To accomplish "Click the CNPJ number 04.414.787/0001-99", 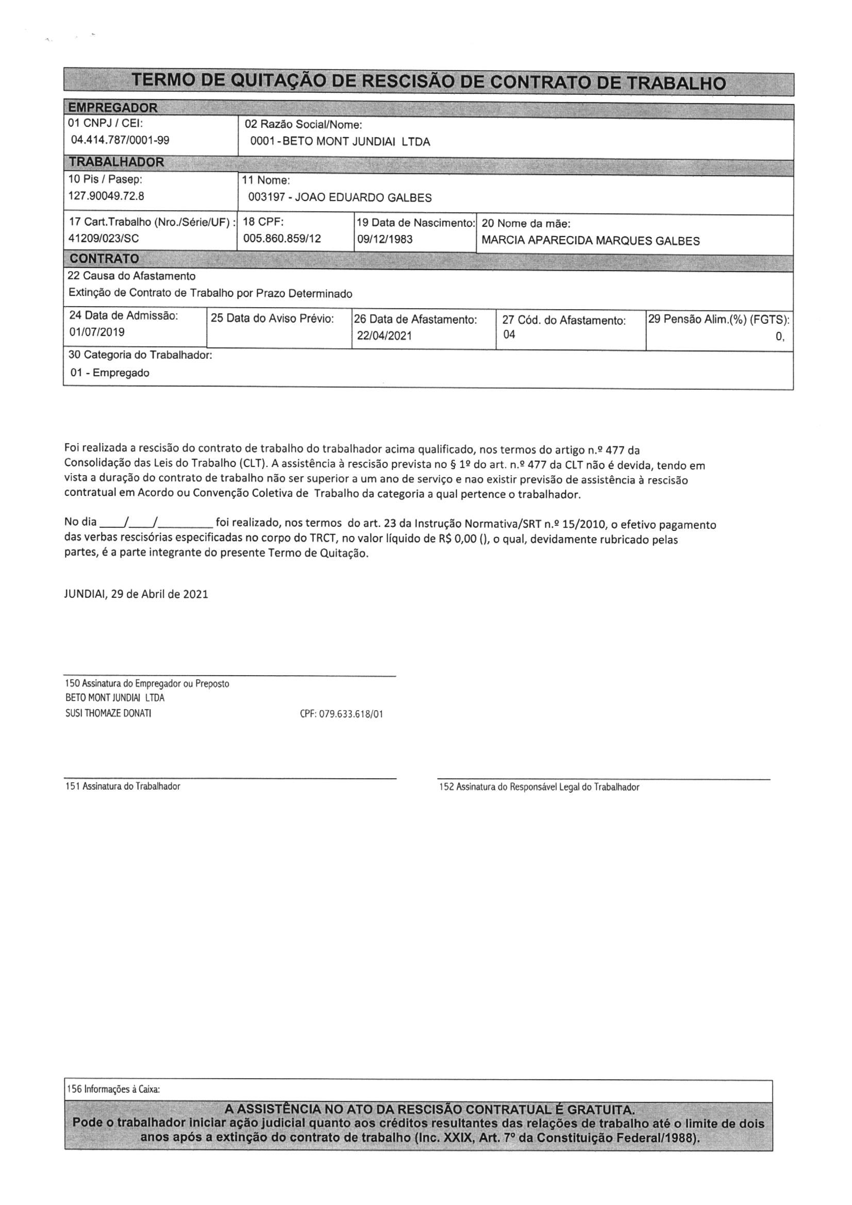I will (x=120, y=140).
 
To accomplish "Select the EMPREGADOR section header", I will (x=113, y=108).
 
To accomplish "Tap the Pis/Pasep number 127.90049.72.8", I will (x=107, y=196).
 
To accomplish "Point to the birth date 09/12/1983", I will (x=385, y=239).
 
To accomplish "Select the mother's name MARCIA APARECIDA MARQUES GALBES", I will (x=591, y=241).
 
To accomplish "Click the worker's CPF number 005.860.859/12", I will (x=282, y=238).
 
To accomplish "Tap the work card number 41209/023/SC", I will (x=104, y=238).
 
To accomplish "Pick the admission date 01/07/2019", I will (x=97, y=332).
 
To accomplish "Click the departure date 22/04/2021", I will (x=385, y=335).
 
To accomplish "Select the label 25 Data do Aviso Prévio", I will (x=273, y=319).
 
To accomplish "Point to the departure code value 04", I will (x=509, y=334).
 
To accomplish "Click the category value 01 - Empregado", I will (x=110, y=373).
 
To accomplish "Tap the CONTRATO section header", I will (x=105, y=259).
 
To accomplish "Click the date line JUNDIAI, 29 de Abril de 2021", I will (x=136, y=594).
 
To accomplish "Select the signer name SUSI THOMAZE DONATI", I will (x=109, y=713).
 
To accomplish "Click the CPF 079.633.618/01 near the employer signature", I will (x=341, y=714).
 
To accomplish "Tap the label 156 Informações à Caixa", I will (x=113, y=1089).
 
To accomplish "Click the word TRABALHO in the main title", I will (x=677, y=83).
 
